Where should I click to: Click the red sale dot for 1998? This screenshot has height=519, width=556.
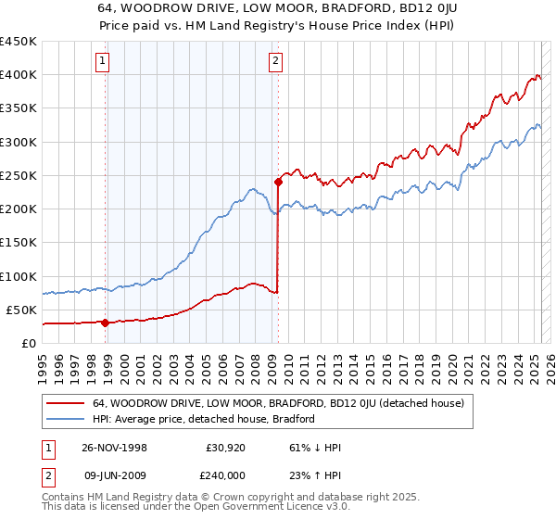pos(106,323)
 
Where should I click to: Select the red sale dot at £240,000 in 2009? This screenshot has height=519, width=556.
pos(278,183)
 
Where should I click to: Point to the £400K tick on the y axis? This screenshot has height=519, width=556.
pos(19,75)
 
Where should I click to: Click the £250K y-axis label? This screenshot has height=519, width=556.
pos(19,175)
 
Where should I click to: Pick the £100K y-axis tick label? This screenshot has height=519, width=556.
pos(19,276)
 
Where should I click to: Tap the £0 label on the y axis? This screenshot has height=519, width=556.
pos(28,343)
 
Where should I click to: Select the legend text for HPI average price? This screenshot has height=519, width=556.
pos(204,419)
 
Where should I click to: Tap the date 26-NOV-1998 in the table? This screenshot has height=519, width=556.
pos(108,447)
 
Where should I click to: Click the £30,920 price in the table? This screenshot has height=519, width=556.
pos(226,447)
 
